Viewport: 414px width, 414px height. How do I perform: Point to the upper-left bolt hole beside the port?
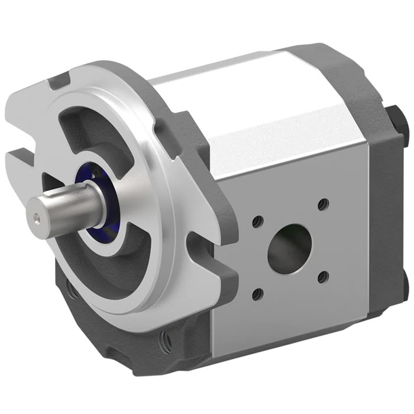click(x=257, y=223)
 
